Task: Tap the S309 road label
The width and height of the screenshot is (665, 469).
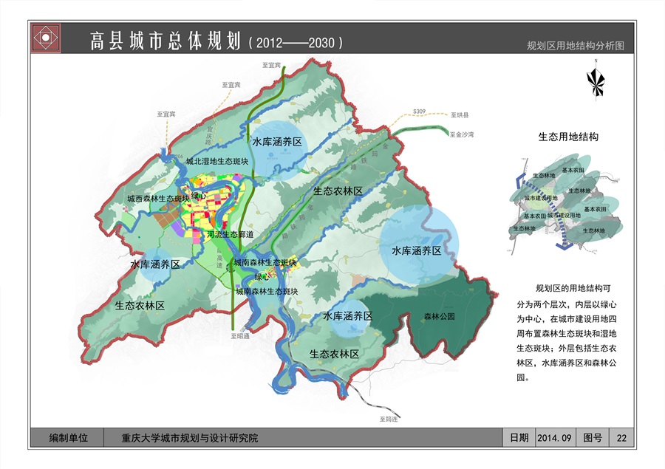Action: tap(420, 111)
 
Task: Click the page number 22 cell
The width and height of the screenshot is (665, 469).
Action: tap(621, 438)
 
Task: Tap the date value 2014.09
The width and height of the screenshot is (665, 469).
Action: tap(555, 438)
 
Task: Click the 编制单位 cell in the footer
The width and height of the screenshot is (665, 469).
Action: tap(68, 438)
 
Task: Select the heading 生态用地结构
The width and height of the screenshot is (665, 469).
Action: tap(567, 137)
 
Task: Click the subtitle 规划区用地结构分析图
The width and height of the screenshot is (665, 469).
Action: tap(576, 45)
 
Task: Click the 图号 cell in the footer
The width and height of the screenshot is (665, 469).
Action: tap(593, 438)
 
